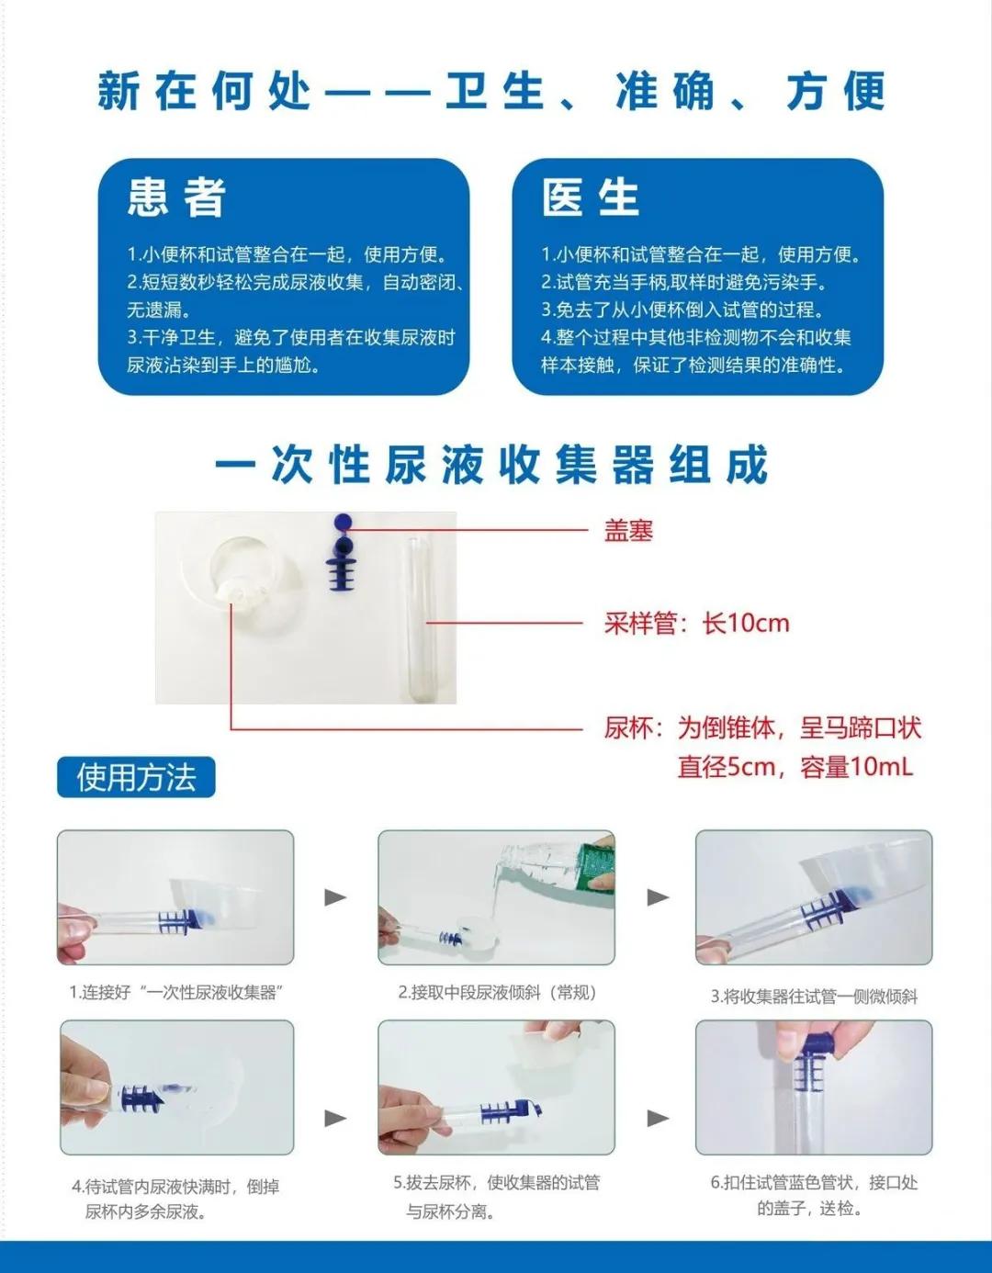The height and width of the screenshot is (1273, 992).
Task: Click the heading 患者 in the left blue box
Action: (176, 197)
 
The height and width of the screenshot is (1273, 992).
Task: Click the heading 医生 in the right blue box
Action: (591, 197)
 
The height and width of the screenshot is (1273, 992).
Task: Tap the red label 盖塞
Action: (628, 530)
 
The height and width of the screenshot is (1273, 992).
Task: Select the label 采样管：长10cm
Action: (696, 623)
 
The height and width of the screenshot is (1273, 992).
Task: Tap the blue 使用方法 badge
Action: (136, 777)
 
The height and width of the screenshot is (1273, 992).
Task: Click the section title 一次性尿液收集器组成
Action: (491, 465)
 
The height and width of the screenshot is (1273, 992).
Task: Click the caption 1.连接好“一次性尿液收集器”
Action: (175, 992)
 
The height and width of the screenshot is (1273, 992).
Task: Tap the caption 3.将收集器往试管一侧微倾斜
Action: (814, 996)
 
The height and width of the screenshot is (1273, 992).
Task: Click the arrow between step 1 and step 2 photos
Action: (335, 896)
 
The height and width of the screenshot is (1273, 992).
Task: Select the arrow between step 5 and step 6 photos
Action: (658, 1118)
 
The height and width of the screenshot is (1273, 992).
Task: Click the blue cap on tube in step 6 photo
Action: (815, 1052)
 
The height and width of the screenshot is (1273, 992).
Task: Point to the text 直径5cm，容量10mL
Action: (795, 767)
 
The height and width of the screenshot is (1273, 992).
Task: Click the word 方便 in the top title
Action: (835, 91)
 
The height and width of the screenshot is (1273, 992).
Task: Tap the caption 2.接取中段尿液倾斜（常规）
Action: (497, 992)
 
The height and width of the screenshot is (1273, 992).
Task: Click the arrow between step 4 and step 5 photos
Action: (335, 1118)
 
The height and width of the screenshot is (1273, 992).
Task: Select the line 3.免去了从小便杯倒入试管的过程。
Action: (683, 310)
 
